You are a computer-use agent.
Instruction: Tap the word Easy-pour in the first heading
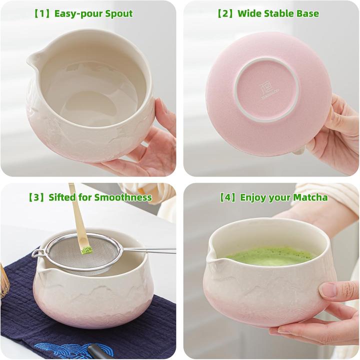coord(75,13)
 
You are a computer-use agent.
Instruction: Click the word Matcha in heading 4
coord(311,197)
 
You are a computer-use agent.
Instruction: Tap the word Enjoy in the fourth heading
coord(253,197)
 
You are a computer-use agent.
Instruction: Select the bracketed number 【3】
coord(37,197)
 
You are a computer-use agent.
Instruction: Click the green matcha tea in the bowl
coord(270,256)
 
